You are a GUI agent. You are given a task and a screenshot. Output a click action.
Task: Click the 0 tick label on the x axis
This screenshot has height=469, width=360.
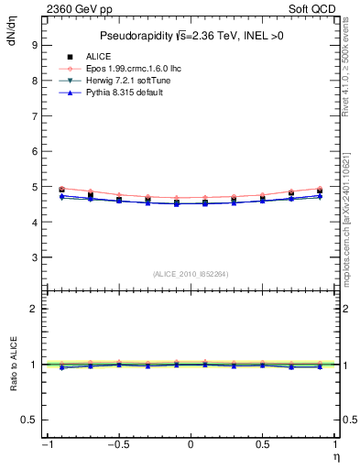[x=190, y=444]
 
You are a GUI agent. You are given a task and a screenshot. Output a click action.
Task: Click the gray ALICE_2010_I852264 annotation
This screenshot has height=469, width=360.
[x=190, y=274]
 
